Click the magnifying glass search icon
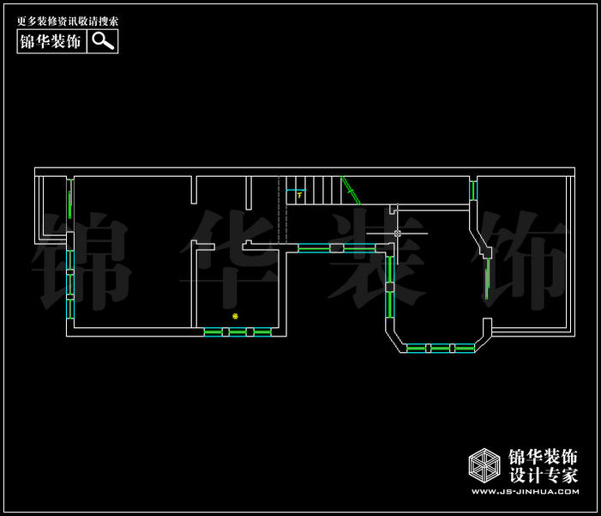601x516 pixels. (x=102, y=41)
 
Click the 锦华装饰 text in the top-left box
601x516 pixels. (x=51, y=41)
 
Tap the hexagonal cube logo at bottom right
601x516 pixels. (x=484, y=465)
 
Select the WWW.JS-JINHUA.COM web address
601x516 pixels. (x=525, y=492)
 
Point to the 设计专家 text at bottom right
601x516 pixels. (x=544, y=475)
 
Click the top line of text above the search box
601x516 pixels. (x=68, y=21)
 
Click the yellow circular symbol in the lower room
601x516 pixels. (x=235, y=316)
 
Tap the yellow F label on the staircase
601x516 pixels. (x=299, y=195)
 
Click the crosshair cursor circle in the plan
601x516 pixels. (x=397, y=233)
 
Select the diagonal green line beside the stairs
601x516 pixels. (x=350, y=190)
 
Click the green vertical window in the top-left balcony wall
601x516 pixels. (x=70, y=204)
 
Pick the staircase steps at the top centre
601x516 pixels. (x=314, y=190)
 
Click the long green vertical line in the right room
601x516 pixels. (x=487, y=278)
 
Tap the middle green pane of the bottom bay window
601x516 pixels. (x=440, y=348)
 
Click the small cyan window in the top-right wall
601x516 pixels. (x=472, y=190)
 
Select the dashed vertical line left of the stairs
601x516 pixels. (x=279, y=210)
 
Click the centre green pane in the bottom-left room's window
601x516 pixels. (x=237, y=332)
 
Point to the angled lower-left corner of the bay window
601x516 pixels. (x=394, y=339)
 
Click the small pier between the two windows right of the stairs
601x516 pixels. (x=337, y=248)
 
